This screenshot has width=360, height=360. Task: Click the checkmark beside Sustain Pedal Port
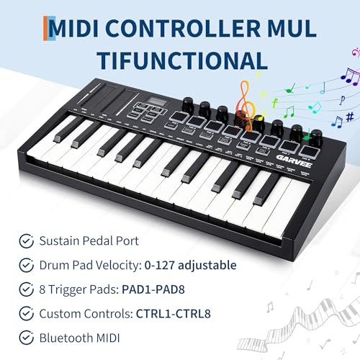coord(27,241)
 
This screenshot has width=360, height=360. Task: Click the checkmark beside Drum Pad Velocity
coord(27,265)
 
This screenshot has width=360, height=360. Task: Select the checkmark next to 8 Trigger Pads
coord(27,289)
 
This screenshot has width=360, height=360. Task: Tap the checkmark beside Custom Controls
coord(27,314)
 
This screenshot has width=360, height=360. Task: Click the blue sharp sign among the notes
coord(349,117)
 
